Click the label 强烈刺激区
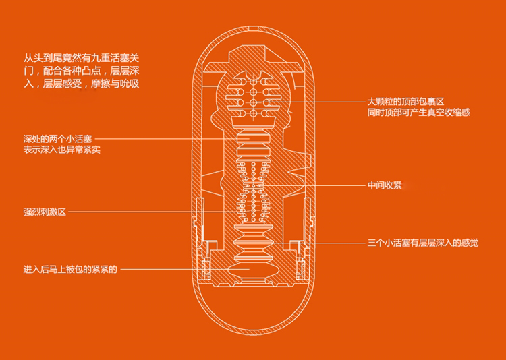[x=45, y=212]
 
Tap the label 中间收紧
[x=385, y=185]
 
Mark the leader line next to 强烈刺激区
[x=148, y=212]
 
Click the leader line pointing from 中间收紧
[x=317, y=185]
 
